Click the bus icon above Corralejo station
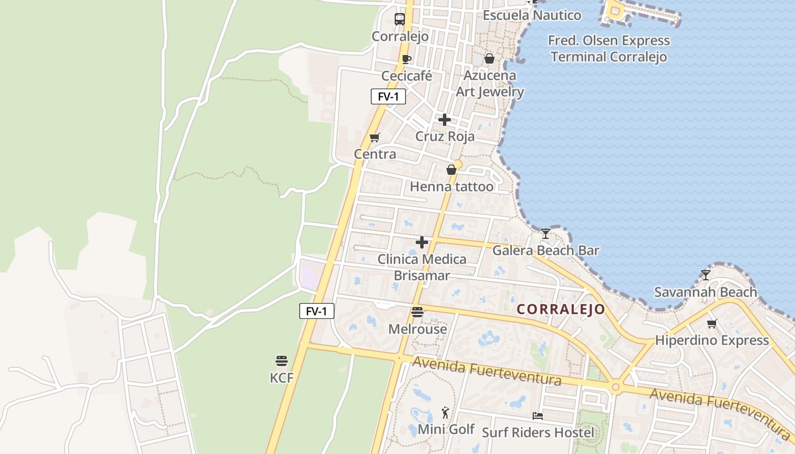point(400,19)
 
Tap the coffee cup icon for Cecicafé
point(407,59)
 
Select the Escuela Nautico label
point(532,15)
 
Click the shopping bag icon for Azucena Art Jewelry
point(489,58)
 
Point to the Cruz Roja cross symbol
point(445,120)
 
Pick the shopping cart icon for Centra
point(374,137)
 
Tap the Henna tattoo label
point(451,186)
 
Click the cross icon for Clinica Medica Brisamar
point(422,242)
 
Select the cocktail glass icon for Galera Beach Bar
point(545,233)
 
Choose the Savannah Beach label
point(705,292)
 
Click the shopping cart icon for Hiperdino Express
point(712,323)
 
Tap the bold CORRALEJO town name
point(561,309)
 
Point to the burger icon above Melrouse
point(417,312)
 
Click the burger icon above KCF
point(282,360)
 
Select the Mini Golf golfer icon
point(446,413)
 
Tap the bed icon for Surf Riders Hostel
point(538,416)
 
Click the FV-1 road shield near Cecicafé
point(388,96)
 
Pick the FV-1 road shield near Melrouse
point(317,311)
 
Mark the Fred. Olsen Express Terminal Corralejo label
point(609,49)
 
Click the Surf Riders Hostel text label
point(538,432)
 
